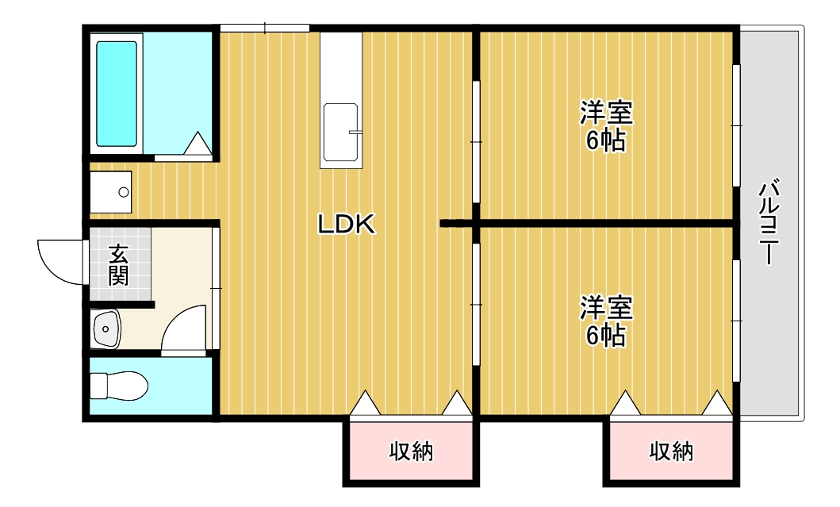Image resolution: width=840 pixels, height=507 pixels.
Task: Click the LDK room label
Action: tap(346, 225)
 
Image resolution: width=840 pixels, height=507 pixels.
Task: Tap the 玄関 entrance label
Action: tap(118, 265)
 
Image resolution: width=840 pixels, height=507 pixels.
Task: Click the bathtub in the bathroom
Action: tap(117, 94)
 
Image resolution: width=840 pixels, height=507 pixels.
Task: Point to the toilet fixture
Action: tap(118, 386)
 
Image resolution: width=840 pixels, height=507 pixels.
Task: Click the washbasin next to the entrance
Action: tap(106, 329)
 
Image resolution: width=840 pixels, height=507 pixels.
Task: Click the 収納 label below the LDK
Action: tap(411, 452)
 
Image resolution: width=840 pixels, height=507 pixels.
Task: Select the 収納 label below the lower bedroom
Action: tap(672, 451)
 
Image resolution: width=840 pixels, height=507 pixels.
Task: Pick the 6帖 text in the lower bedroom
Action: tap(606, 336)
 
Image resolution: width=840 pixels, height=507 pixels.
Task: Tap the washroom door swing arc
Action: tap(186, 328)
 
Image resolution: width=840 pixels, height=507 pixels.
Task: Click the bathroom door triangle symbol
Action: tap(198, 144)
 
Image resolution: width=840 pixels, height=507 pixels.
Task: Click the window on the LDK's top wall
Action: tap(265, 29)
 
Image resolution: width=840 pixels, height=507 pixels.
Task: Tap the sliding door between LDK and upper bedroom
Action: tap(476, 141)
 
